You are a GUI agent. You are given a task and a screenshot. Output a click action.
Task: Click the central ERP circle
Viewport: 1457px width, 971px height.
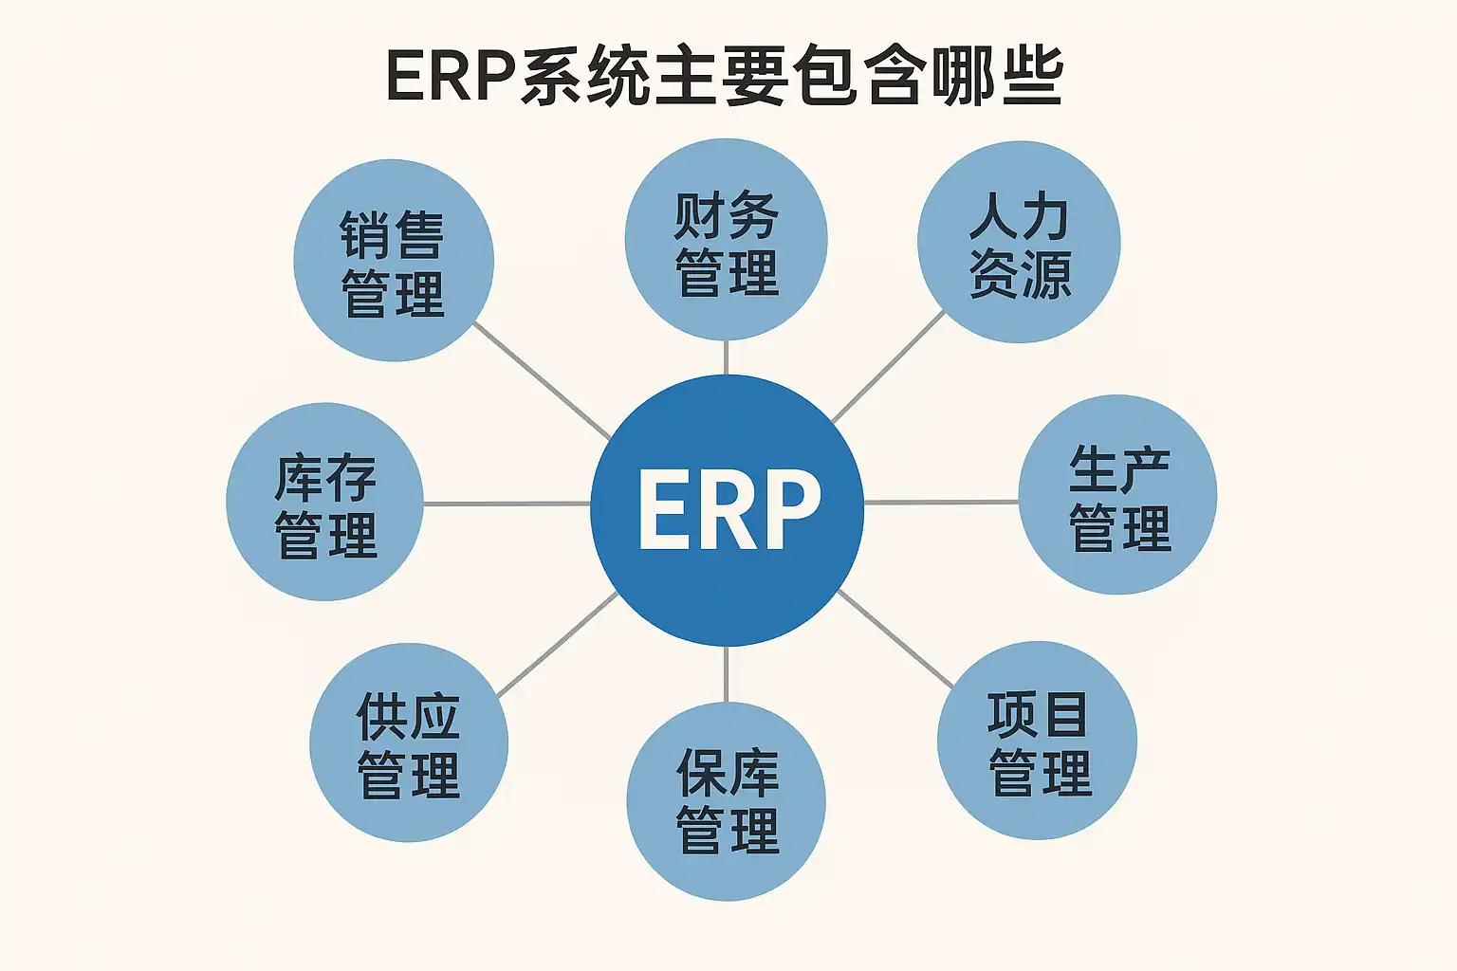click(727, 509)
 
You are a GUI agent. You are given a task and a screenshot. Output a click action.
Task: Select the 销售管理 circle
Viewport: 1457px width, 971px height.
click(393, 261)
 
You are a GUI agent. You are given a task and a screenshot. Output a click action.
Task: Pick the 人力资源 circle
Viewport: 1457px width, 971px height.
click(1019, 243)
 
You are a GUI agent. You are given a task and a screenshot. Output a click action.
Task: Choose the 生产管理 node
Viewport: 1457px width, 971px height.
click(1117, 495)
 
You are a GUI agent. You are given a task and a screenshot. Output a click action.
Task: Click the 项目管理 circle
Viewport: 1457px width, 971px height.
click(1037, 741)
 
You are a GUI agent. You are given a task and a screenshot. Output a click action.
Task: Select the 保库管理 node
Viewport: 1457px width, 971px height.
click(726, 800)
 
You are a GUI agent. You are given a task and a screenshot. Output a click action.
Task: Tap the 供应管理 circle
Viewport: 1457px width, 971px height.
click(408, 742)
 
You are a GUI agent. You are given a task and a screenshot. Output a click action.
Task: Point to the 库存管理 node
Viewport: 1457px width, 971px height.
click(324, 502)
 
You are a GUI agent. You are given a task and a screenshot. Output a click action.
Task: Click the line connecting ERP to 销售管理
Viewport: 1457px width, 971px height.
click(541, 379)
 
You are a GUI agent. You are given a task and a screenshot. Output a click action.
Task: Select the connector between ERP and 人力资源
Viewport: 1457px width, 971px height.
click(889, 367)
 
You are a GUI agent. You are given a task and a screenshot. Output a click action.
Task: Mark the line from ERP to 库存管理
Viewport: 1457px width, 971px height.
click(507, 504)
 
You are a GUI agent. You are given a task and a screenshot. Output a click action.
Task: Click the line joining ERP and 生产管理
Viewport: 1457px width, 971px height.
click(941, 502)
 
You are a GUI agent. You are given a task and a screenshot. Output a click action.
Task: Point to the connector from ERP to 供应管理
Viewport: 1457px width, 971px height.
click(558, 645)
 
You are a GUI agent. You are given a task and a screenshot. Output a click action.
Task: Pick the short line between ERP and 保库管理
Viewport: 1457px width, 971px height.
click(727, 674)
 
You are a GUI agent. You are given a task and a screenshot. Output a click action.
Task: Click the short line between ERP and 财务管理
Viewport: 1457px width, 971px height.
click(726, 357)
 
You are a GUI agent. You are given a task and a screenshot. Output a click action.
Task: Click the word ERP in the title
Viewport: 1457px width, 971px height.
click(450, 76)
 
